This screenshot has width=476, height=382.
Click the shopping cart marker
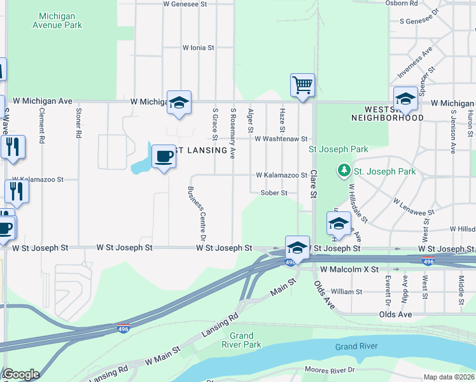[303, 85]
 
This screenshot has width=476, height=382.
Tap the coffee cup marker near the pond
[164, 156]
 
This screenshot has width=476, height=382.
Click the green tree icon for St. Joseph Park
[344, 171]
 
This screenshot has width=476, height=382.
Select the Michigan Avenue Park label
[60, 20]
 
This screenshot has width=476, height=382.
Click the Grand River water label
[356, 346]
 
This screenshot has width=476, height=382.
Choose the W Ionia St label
[199, 48]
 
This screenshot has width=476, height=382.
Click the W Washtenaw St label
[281, 139]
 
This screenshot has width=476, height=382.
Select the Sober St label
[274, 192]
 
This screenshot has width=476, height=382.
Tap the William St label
[346, 292]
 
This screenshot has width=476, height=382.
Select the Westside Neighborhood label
[387, 113]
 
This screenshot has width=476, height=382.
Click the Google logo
[21, 374]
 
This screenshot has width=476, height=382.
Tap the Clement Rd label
[42, 124]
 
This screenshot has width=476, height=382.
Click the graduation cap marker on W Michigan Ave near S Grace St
[179, 103]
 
